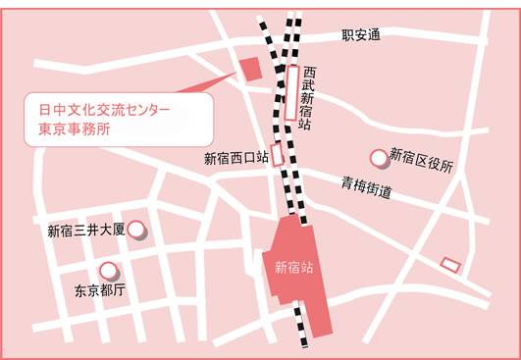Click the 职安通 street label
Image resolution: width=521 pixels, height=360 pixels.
tap(361, 35)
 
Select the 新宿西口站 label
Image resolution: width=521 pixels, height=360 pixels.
tap(235, 157)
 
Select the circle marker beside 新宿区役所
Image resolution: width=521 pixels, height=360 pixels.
tap(378, 157)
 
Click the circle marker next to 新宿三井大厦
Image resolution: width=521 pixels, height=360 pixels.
tap(138, 231)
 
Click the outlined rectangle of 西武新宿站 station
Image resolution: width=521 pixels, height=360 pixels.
tap(291, 92)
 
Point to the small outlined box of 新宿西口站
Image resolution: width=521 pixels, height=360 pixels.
tap(278, 155)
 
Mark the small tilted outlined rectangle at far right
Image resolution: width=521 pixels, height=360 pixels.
tap(450, 263)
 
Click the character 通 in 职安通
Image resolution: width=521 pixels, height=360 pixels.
tap(373, 35)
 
